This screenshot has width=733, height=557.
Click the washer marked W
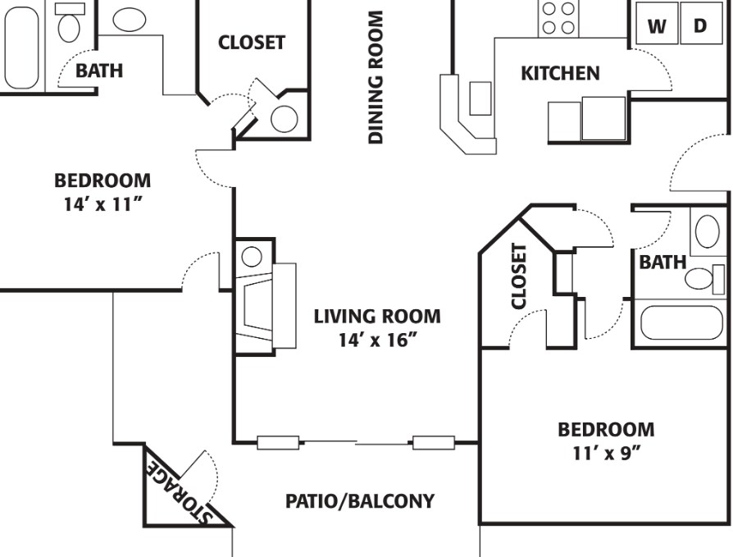[657, 25]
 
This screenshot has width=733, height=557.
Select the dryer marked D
[700, 25]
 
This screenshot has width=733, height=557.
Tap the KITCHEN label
[560, 74]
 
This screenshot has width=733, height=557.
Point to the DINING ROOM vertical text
[376, 77]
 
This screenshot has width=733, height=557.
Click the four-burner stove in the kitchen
[558, 17]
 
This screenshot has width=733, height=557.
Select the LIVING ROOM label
[377, 316]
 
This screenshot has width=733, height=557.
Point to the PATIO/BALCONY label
[360, 500]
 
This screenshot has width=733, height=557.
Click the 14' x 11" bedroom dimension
[102, 204]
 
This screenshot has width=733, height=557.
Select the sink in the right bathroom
[705, 231]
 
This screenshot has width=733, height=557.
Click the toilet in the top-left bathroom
[69, 25]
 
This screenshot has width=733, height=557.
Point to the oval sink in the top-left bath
[129, 20]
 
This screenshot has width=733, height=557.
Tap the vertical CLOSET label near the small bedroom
[518, 276]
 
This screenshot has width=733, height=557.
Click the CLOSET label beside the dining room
[252, 43]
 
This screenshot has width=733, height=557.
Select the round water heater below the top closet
[284, 120]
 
